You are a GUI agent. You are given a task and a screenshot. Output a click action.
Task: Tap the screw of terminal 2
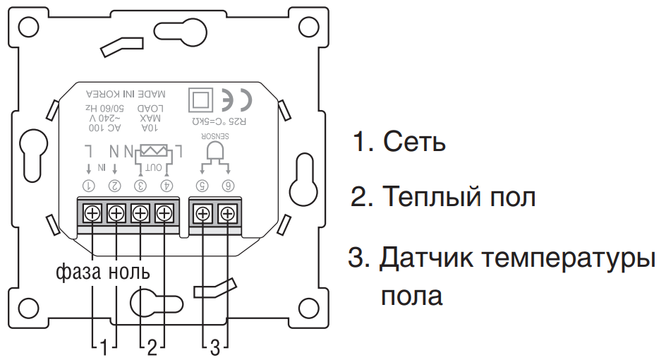tap(117, 212)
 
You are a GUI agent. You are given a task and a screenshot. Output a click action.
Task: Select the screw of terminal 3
tap(140, 212)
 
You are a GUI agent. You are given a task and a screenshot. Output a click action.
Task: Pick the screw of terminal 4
tap(164, 212)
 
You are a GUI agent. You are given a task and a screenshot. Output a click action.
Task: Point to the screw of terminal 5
tap(203, 212)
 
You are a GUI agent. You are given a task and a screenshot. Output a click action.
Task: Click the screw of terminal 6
tap(227, 212)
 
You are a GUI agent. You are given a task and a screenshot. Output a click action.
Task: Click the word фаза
tap(78, 271)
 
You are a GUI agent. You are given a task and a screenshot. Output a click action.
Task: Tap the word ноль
tap(129, 271)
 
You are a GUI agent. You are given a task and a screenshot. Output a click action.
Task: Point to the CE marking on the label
tap(236, 100)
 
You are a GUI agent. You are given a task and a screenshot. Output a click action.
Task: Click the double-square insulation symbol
tap(201, 100)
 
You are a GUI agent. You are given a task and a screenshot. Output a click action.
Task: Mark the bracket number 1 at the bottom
tap(104, 347)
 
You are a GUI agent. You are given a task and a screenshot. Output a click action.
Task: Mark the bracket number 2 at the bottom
tap(151, 347)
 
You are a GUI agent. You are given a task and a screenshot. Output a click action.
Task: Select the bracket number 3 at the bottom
tap(216, 347)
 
